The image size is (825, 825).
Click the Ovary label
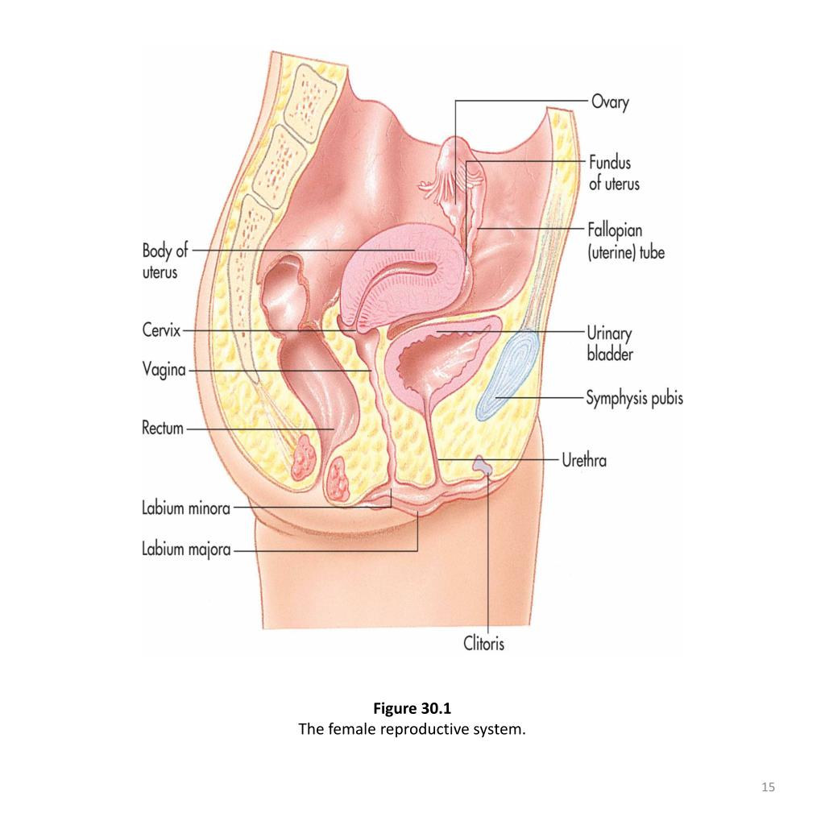pos(610,102)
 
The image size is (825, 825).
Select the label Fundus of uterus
pos(614,173)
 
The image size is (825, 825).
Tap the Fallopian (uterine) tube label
pos(626,242)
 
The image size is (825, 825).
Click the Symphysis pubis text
pos(634,398)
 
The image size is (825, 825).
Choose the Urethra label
pos(585,461)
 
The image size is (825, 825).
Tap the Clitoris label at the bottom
pos(484,643)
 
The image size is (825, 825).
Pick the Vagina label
pos(163,371)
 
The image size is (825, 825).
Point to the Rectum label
pos(162,429)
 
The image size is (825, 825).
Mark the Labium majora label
pos(186,550)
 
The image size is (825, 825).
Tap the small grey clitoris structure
pos(483,464)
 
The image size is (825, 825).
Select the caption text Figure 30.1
pos(412,710)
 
